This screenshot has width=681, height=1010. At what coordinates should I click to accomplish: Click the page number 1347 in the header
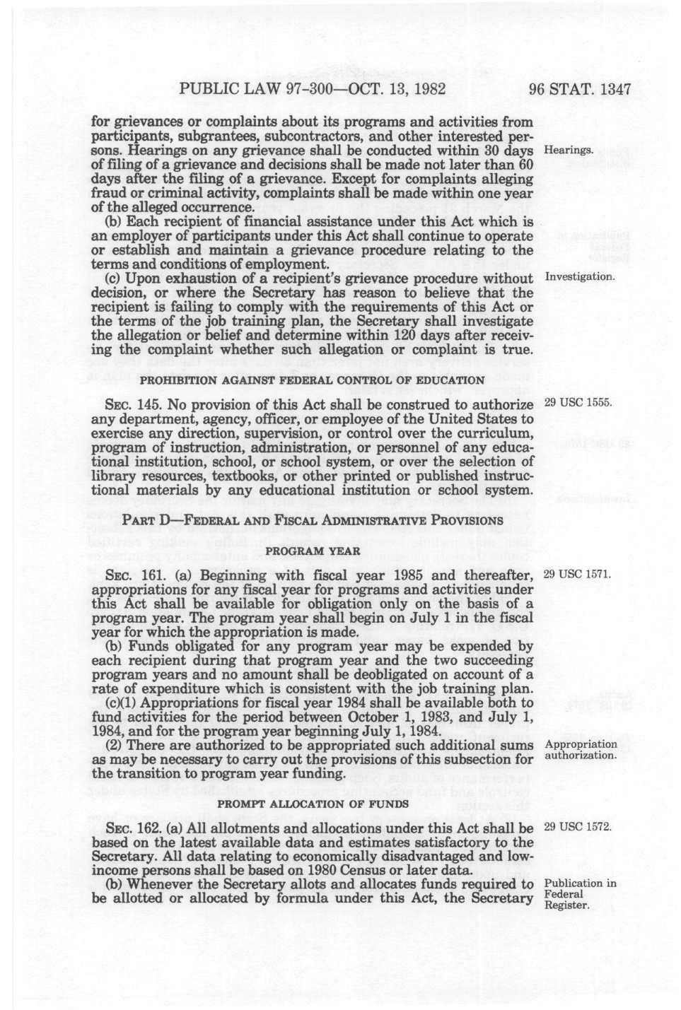click(x=614, y=90)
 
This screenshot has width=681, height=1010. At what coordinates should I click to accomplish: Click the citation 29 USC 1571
click(x=577, y=572)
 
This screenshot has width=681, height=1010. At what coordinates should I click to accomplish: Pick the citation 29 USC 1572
click(x=577, y=826)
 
